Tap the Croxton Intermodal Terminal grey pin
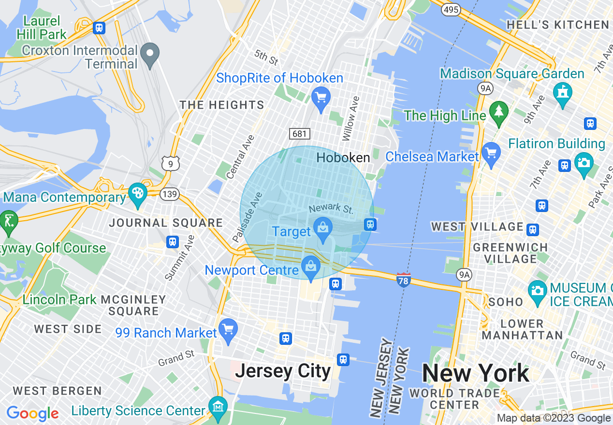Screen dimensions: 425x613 click(x=150, y=54)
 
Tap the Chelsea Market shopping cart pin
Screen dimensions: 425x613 click(x=491, y=154)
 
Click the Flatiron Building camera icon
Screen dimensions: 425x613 click(x=584, y=162)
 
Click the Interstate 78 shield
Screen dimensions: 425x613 click(x=404, y=280)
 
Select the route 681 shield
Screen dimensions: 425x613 click(x=299, y=133)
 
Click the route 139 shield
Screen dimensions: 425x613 click(x=171, y=195)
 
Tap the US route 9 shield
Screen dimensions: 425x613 click(x=171, y=163)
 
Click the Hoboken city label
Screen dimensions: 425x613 click(x=343, y=157)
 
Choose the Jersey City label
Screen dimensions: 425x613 click(x=283, y=371)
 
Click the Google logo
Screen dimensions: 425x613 click(x=33, y=413)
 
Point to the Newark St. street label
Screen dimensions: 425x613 click(x=331, y=209)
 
